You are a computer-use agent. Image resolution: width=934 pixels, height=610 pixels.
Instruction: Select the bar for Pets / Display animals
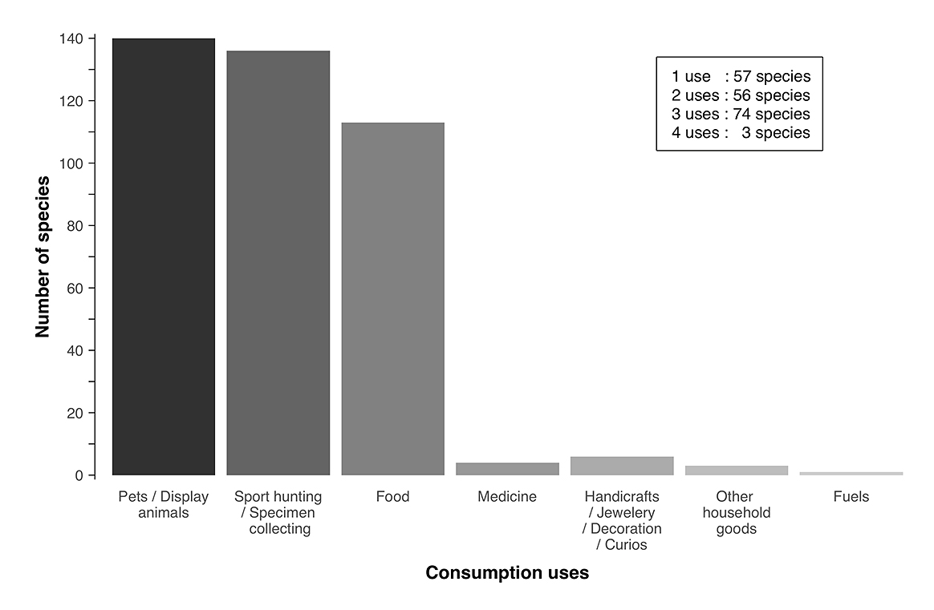coord(164,257)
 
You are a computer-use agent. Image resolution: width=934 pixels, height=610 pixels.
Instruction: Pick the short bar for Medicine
coord(507,469)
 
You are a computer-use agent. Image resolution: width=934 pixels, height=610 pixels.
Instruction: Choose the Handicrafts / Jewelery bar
coord(622,466)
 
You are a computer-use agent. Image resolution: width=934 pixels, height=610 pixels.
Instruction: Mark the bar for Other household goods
coord(737,471)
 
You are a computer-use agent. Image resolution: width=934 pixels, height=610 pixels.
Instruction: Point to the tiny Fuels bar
coord(851,474)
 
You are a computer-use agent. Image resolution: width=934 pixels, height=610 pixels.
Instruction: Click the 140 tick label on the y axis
coord(72,38)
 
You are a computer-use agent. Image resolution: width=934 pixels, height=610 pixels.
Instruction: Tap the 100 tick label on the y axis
coord(72,164)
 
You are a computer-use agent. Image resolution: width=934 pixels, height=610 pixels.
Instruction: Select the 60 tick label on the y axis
coord(75,289)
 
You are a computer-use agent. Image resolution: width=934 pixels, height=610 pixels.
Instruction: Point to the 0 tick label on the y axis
coord(79,475)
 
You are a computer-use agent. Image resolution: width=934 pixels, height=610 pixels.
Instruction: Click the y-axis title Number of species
coord(43,257)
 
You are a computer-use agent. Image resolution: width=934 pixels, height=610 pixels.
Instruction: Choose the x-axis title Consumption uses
coord(507,573)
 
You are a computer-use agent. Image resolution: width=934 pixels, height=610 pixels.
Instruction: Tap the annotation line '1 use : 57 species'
coord(741,77)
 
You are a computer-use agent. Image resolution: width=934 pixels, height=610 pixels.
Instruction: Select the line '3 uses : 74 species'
coord(741,114)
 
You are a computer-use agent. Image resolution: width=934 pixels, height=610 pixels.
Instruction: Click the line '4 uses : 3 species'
coord(741,133)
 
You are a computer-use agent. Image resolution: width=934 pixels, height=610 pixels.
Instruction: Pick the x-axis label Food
coord(392,497)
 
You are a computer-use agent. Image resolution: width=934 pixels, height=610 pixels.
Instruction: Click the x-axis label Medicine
coord(507,497)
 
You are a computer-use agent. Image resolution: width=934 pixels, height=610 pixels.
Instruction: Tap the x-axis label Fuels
coord(851,497)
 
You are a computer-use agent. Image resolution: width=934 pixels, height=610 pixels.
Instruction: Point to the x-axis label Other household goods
coord(737,513)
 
